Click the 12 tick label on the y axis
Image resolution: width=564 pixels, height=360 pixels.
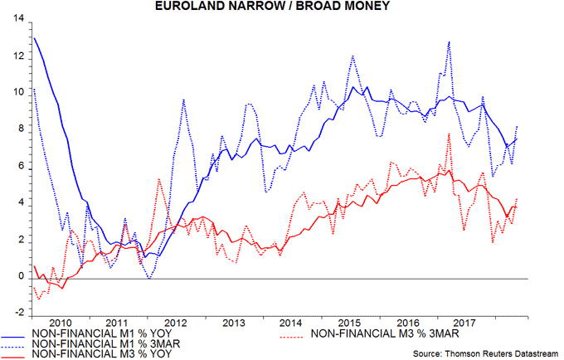(16, 56)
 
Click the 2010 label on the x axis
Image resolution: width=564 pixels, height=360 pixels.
(61, 322)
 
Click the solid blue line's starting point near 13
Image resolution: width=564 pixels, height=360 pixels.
(33, 37)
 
